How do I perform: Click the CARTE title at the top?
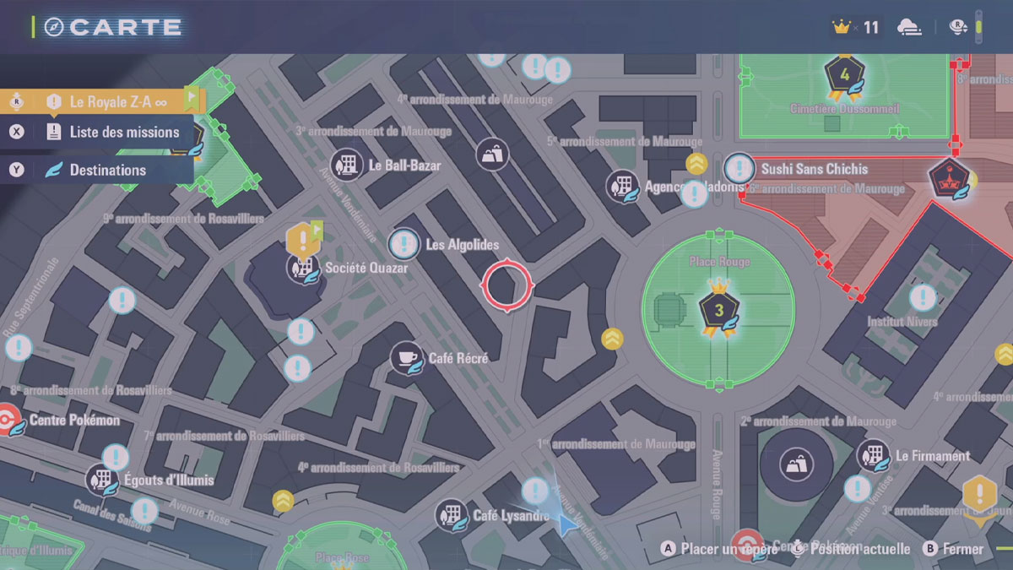click(124, 27)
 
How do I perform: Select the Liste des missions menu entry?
click(124, 132)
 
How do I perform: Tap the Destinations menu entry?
click(107, 170)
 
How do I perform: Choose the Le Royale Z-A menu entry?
click(117, 102)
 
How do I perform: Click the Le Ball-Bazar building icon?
click(347, 165)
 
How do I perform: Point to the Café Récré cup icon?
click(406, 358)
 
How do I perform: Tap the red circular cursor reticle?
click(506, 286)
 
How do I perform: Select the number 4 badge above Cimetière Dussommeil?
click(844, 74)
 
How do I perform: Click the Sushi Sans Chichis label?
click(814, 169)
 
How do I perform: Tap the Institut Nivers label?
click(902, 322)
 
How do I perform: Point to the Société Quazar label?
click(366, 268)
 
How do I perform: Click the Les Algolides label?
click(462, 245)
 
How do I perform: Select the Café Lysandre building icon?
click(452, 515)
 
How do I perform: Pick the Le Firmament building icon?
click(872, 456)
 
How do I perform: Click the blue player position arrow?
click(565, 523)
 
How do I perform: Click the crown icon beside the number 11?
click(841, 27)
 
